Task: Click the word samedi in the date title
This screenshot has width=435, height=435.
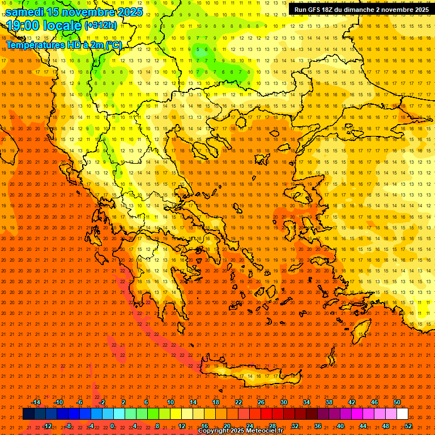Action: [25, 11]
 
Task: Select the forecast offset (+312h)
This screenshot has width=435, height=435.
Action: [100, 25]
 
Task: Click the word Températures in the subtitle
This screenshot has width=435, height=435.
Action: [34, 44]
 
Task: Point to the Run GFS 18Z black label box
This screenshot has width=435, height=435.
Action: [361, 9]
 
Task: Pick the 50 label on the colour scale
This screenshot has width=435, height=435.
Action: [396, 402]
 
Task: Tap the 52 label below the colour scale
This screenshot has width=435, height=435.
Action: [408, 426]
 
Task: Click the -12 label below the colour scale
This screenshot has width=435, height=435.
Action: [47, 426]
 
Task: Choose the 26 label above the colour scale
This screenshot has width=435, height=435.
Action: [261, 402]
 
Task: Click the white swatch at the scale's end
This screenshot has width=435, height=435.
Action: [402, 414]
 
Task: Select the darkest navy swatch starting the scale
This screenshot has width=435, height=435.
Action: [28, 414]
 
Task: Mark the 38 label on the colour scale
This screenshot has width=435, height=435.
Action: [329, 402]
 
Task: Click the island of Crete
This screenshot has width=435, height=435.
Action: [249, 373]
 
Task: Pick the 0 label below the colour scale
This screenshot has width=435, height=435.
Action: [112, 426]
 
